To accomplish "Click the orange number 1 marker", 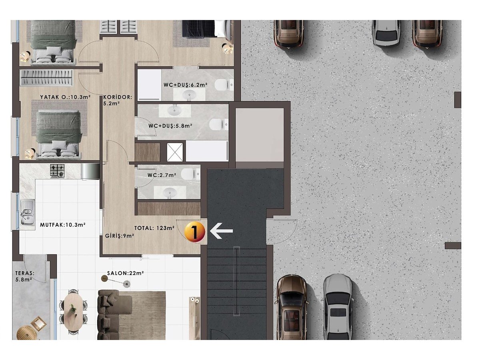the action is (x=194, y=232).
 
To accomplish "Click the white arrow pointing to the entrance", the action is (x=221, y=231).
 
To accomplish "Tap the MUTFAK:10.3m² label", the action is (x=62, y=224).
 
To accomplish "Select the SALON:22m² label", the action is (x=125, y=273).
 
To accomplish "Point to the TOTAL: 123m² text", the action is (x=154, y=228).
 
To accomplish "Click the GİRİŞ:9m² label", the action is (x=119, y=236).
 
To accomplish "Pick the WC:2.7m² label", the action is (x=162, y=175).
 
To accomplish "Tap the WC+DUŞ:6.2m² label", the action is (x=186, y=85).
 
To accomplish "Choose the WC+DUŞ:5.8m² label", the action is (x=170, y=126).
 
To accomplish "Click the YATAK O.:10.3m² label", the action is (x=65, y=97).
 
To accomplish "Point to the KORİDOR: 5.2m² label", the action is (x=118, y=100).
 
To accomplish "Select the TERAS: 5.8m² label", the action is (x=25, y=276).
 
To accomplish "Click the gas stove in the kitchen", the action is (x=58, y=170).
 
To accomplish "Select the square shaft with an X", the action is (x=175, y=152).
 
